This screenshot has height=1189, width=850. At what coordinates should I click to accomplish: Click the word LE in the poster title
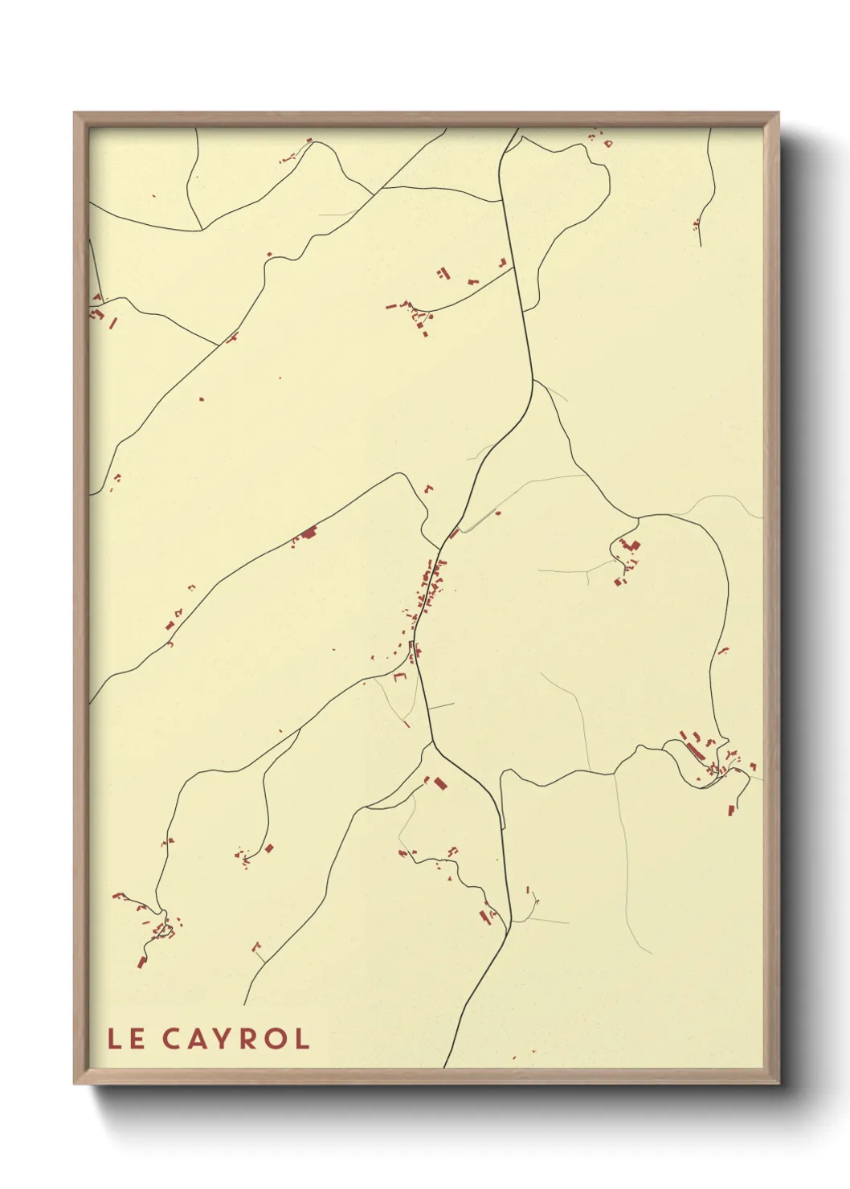click(x=126, y=1039)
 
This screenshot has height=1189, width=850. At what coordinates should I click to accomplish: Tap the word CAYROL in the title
click(x=236, y=1039)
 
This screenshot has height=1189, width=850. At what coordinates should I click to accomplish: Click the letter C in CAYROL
click(x=172, y=1039)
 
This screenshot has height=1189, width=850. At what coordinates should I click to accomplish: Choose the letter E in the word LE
click(x=137, y=1039)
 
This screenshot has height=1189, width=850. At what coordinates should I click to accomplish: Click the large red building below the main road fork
click(x=439, y=782)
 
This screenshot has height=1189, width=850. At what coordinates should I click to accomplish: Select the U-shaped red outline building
click(x=400, y=676)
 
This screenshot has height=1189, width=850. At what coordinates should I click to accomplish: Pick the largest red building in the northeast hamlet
click(x=631, y=546)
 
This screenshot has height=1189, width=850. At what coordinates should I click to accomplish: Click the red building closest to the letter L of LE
click(x=141, y=961)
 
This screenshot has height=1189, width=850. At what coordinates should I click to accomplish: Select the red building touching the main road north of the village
click(x=454, y=533)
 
